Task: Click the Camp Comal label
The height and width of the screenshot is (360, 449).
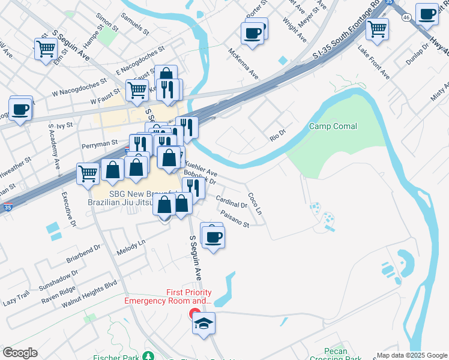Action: click(x=333, y=127)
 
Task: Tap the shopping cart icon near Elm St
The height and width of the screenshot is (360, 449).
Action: click(x=46, y=49)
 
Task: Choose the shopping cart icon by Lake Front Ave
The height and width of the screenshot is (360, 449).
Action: click(x=377, y=28)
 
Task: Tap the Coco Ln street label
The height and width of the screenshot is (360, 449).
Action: click(x=255, y=203)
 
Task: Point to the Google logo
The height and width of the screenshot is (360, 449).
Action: click(x=20, y=353)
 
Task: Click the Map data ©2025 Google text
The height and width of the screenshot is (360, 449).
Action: click(x=411, y=355)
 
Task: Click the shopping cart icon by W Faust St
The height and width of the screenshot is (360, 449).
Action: click(x=137, y=90)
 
